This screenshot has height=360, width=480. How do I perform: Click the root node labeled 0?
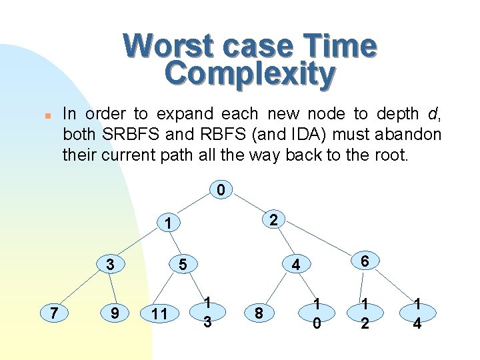tap(221, 191)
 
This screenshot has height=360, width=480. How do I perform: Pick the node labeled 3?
tap(111, 265)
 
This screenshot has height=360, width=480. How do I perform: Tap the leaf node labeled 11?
tap(159, 312)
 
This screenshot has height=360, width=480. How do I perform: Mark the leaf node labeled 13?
tap(208, 311)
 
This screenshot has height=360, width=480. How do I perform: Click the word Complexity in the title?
tap(249, 74)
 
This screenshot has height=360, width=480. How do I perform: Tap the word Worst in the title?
tap(163, 45)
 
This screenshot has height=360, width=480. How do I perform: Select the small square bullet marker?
tap(39, 115)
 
